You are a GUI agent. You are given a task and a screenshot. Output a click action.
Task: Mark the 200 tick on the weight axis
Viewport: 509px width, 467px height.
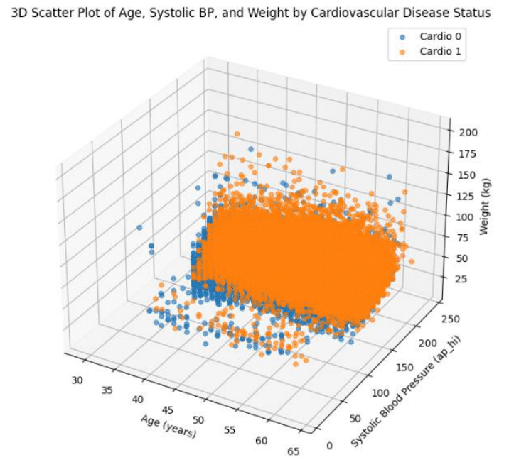[x=467, y=132]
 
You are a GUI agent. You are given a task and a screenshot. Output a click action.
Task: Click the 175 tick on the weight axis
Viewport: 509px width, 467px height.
[x=467, y=153]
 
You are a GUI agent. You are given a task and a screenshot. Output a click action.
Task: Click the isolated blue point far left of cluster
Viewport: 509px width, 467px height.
[x=139, y=228]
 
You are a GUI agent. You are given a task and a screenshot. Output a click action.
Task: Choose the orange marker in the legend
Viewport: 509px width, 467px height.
[x=402, y=51]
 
